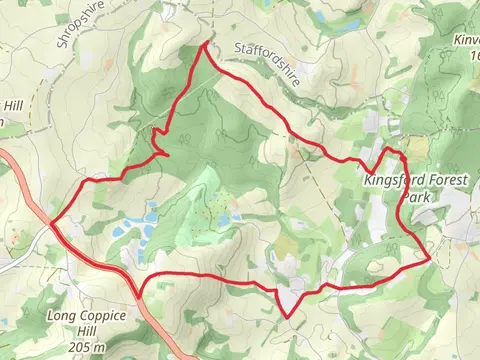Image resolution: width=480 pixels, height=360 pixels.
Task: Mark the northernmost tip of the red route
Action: [x=207, y=45]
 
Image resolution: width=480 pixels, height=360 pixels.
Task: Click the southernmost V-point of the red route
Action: [x=288, y=318]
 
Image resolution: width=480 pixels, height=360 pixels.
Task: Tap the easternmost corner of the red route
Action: [x=430, y=257]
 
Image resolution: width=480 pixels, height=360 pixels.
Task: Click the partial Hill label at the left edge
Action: [x=11, y=105]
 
